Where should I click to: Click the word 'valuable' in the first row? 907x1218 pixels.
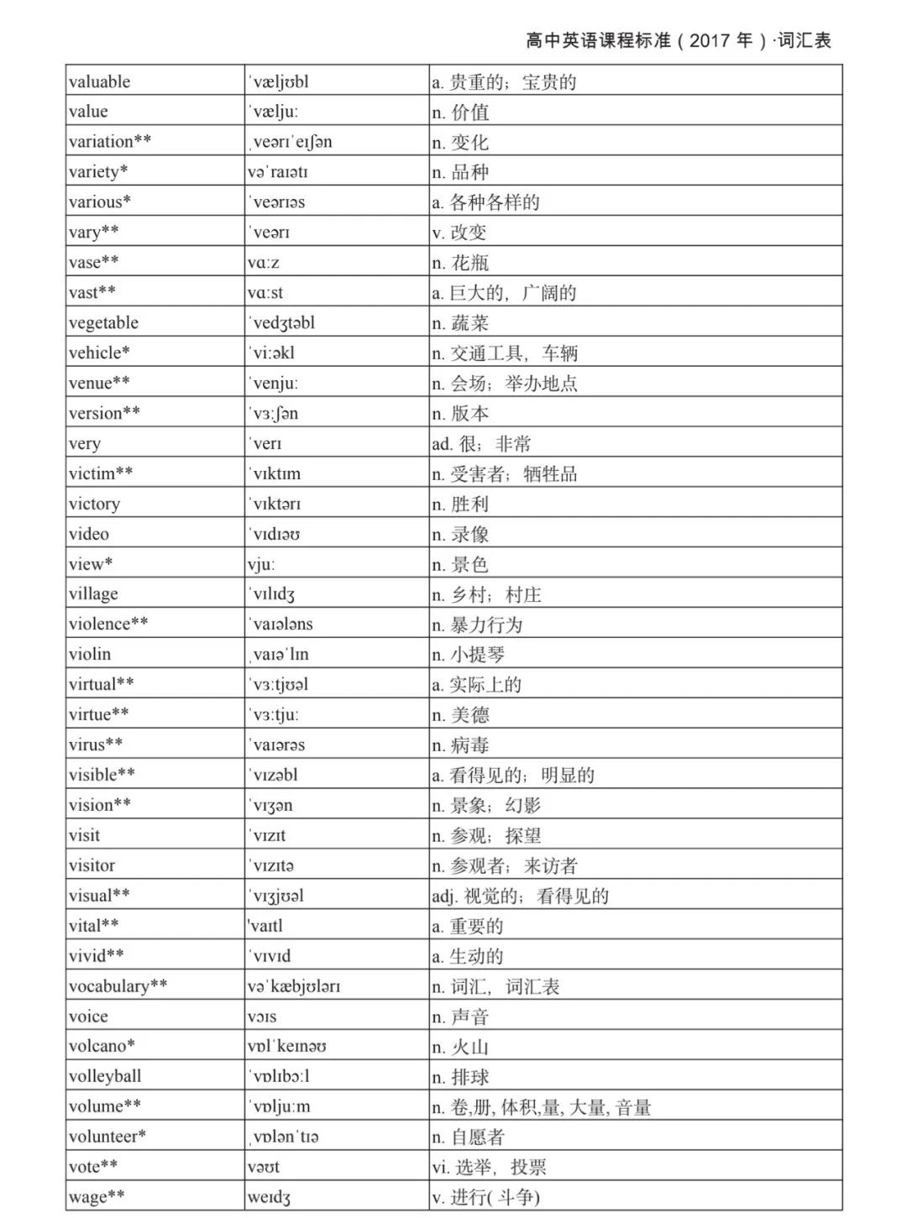(100, 81)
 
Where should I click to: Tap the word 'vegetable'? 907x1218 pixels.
(104, 323)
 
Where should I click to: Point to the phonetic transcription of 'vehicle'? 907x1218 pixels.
(272, 353)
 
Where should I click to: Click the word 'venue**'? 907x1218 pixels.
(99, 383)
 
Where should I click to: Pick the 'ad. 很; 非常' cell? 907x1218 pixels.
(481, 444)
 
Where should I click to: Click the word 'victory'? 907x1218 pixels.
(95, 504)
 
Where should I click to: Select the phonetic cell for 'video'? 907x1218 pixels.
(275, 534)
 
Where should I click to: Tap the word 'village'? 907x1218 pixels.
(94, 594)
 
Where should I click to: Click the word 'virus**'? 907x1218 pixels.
(96, 745)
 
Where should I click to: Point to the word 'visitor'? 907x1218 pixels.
(92, 865)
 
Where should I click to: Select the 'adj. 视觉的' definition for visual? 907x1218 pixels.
(520, 896)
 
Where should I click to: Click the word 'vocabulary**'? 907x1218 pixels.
(118, 986)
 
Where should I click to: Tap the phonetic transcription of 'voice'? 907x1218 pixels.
(262, 1017)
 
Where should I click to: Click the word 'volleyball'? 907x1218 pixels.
(105, 1076)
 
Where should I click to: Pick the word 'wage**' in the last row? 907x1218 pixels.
(97, 1197)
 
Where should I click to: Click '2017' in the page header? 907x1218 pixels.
(710, 40)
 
